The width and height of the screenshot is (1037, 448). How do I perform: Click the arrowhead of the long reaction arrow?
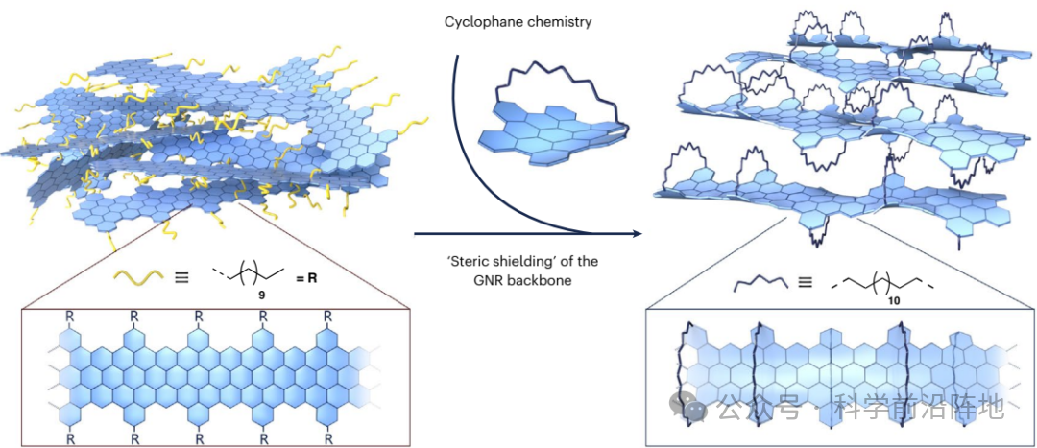coord(637,233)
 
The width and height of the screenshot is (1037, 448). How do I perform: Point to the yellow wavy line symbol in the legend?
coord(138,276)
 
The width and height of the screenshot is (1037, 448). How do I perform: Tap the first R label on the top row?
coord(69,317)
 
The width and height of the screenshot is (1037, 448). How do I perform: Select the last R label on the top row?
coord(327,317)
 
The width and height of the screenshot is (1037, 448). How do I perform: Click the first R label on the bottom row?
coord(69,438)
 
